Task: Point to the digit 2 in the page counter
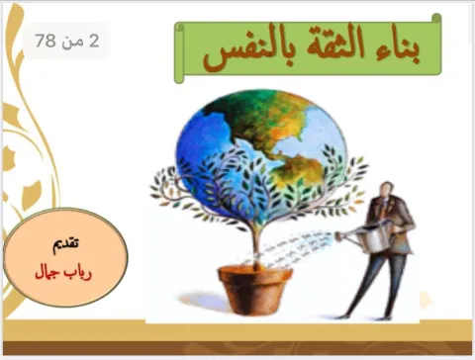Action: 94,41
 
